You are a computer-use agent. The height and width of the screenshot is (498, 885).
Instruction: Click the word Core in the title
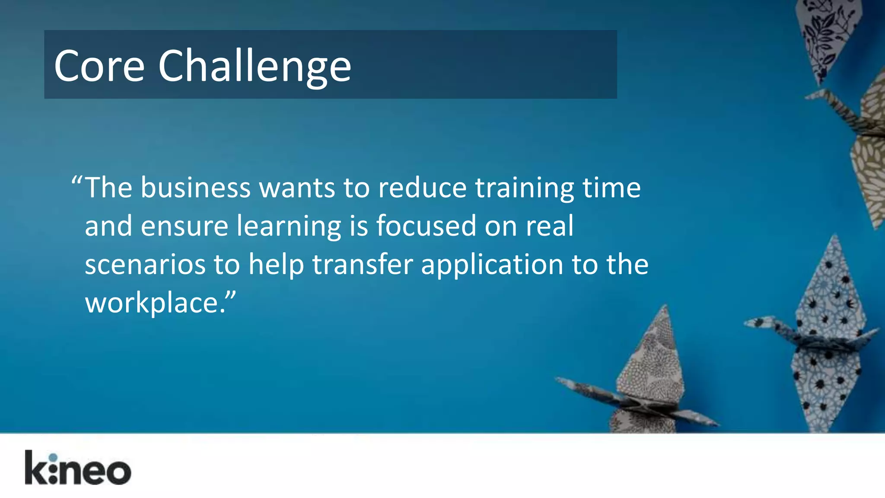(99, 66)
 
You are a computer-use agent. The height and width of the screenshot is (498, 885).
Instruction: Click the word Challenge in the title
(255, 66)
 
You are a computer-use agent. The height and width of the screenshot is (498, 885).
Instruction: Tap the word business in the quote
(195, 188)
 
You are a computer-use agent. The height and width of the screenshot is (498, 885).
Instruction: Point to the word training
(524, 189)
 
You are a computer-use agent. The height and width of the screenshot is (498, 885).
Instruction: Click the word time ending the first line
(611, 188)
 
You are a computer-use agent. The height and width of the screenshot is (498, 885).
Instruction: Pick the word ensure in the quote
(184, 227)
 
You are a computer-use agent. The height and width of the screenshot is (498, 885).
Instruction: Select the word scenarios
(145, 265)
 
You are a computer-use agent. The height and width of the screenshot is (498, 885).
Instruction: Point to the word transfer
(363, 264)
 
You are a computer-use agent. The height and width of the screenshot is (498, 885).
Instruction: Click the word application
(492, 265)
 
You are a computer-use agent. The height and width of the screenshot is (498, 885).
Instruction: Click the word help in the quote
(276, 265)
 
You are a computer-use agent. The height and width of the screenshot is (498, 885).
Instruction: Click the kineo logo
(78, 468)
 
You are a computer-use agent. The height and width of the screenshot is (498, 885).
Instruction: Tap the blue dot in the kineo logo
(53, 458)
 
